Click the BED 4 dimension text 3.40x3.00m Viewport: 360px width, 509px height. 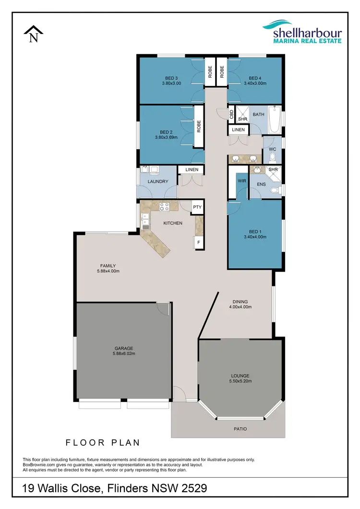[254, 83]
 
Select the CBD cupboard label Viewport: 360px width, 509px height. [231, 114]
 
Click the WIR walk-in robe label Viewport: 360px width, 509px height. [241, 181]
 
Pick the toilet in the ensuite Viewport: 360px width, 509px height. [274, 190]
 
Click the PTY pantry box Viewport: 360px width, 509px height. [197, 207]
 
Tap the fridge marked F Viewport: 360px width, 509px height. [198, 243]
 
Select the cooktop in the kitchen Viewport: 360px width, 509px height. [164, 207]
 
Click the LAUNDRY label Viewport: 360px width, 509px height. [158, 181]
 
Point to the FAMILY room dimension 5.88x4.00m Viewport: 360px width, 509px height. [108, 271]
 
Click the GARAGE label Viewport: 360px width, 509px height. [123, 348]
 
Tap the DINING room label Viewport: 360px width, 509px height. [240, 301]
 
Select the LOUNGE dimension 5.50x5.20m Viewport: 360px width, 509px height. [240, 381]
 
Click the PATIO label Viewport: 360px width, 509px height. [240, 429]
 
